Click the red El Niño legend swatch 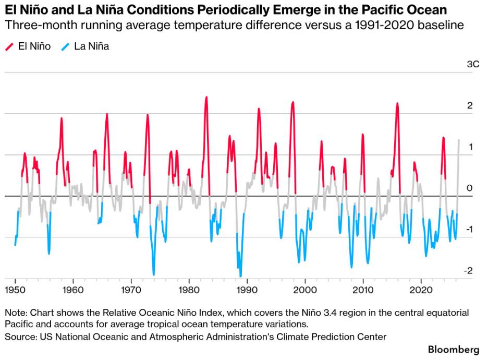[x=10, y=47]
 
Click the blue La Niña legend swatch [x=65, y=47]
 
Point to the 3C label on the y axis [x=473, y=64]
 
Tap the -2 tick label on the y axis [x=468, y=270]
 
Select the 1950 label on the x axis [x=15, y=290]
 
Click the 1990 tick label [x=247, y=290]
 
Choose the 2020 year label [x=421, y=290]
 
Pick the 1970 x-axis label [x=131, y=290]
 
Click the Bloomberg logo [x=454, y=350]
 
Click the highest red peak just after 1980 [x=206, y=97]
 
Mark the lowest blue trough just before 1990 [x=240, y=276]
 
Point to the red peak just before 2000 [x=292, y=102]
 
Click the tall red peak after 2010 [x=397, y=103]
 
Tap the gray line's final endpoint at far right [x=459, y=140]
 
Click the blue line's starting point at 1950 [x=15, y=245]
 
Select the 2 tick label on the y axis [x=470, y=105]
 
